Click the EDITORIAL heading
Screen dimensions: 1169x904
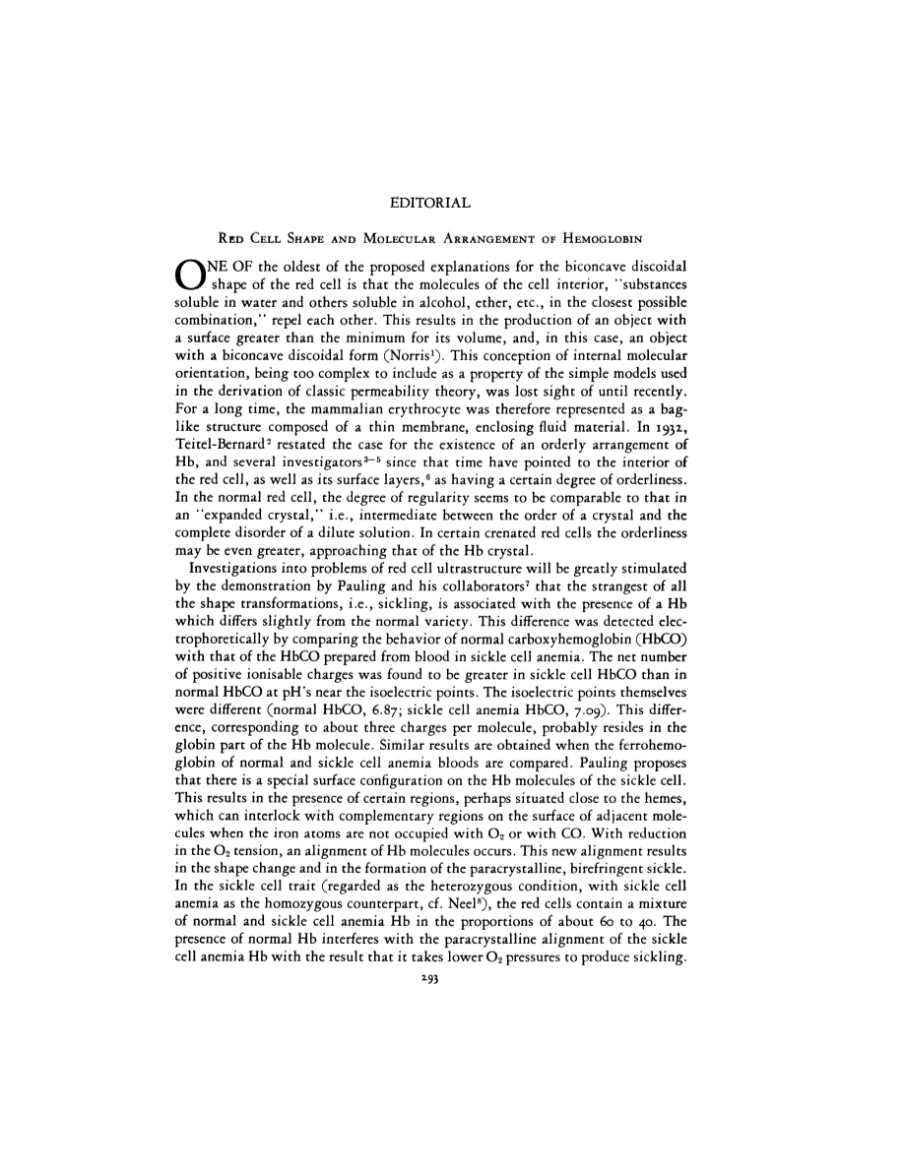430,204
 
